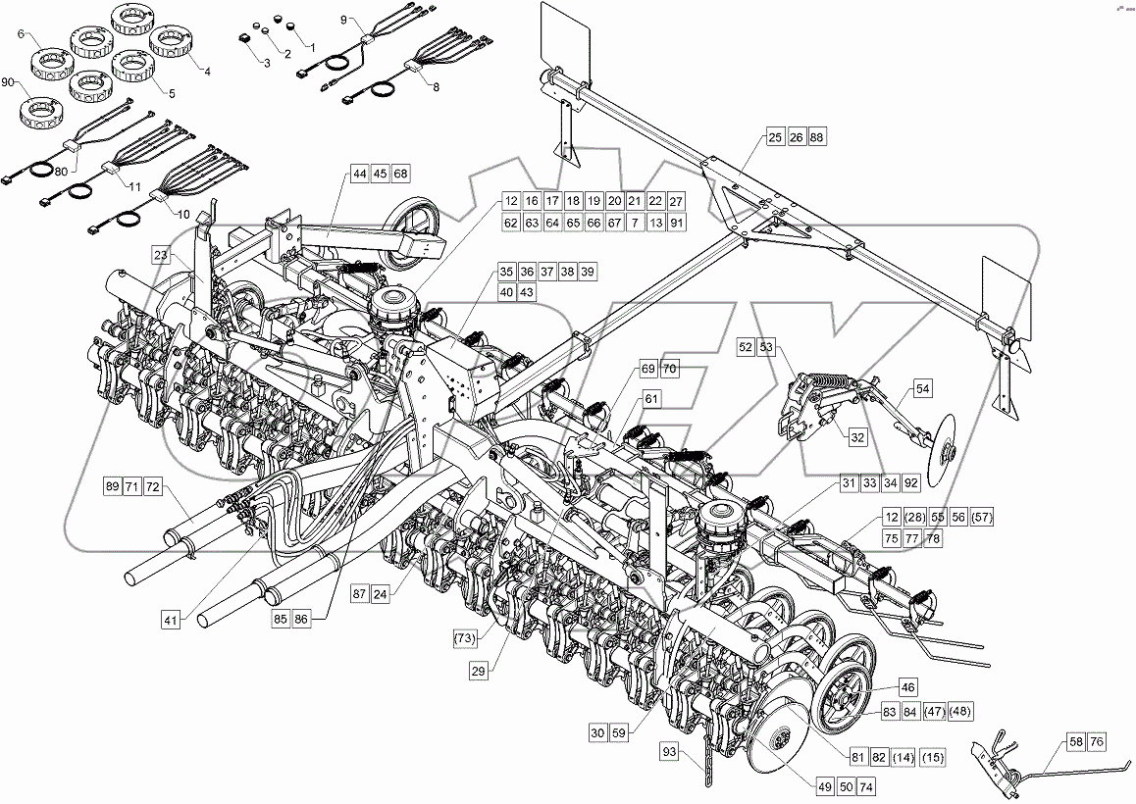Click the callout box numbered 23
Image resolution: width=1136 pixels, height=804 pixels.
[162, 255]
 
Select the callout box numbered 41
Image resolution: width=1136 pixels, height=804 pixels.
[173, 619]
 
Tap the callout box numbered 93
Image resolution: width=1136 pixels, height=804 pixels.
[670, 752]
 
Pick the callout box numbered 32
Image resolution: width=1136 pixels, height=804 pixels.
[857, 437]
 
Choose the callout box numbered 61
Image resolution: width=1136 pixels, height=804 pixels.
[652, 398]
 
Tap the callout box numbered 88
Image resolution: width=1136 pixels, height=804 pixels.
[816, 138]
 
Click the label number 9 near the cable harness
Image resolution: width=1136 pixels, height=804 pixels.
[343, 19]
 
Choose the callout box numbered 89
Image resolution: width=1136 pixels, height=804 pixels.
[113, 486]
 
